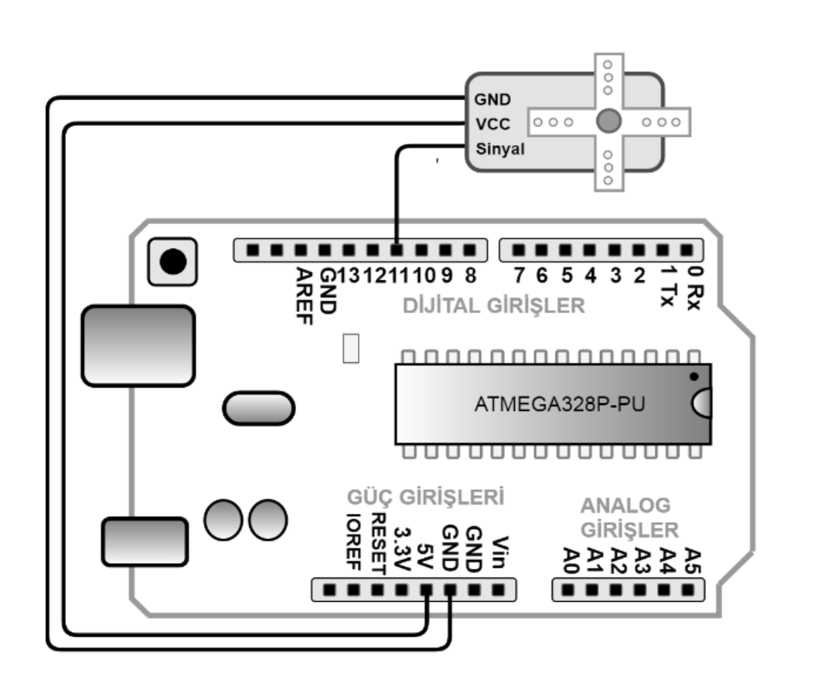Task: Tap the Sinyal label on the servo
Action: [499, 149]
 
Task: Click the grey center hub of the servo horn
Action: [608, 121]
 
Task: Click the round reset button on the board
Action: [172, 260]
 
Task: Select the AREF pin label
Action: [304, 296]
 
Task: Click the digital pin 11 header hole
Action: [397, 250]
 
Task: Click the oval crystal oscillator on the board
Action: [257, 408]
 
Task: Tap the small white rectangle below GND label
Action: [352, 348]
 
